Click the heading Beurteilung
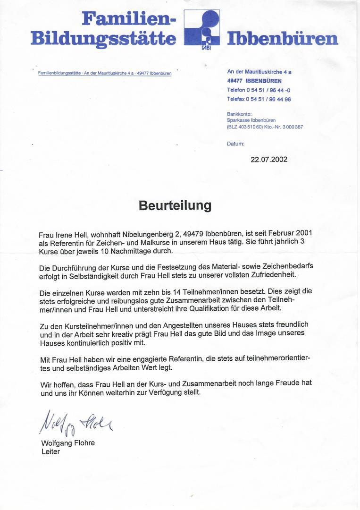coord(175,205)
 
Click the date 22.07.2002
coord(268,159)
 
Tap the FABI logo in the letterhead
coord(201,28)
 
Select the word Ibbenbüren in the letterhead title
coord(283,39)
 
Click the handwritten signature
coord(76,421)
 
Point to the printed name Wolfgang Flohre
coord(68,443)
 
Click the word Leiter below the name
coord(50,452)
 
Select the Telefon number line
coord(259,90)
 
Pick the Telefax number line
coord(259,99)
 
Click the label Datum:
coord(235,144)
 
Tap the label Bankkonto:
coord(239,114)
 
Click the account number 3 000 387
coord(293,127)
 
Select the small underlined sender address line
coord(104,73)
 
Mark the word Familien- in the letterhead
coord(129,19)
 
